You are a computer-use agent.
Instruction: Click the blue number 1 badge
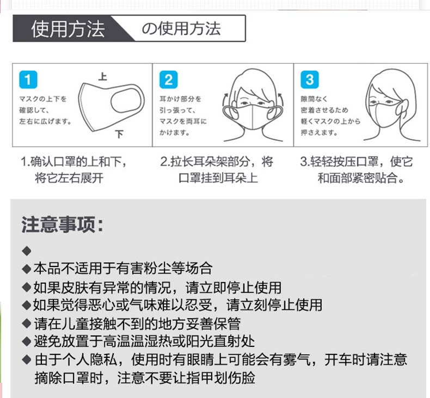pos(28,80)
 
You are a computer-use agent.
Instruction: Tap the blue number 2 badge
pos(168,80)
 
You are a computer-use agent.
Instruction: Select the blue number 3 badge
pos(310,80)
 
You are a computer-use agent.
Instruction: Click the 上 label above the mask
pos(102,77)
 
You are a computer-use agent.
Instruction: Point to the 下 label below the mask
pos(119,134)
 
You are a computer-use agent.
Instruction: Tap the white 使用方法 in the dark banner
pos(67,29)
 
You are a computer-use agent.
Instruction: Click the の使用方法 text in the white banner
pos(181,29)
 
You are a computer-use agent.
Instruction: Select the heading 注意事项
pos(63,225)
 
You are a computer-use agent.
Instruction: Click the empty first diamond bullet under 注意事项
pos(27,251)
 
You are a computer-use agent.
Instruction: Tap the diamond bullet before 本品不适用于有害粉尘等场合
pos(27,269)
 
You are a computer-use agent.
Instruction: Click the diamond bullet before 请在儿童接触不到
pos(27,323)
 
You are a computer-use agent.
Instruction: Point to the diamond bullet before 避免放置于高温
pos(27,341)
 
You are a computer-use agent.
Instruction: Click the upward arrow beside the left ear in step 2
pos(226,97)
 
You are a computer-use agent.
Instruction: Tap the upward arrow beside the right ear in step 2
pos(280,97)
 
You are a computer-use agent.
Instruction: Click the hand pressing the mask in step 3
pos(402,108)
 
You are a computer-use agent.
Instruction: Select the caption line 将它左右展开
pos(69,178)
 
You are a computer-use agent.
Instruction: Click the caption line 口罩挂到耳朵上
pos(218,178)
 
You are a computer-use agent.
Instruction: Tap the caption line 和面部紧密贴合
pos(361,178)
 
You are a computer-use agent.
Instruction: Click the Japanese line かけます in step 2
pos(174,133)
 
